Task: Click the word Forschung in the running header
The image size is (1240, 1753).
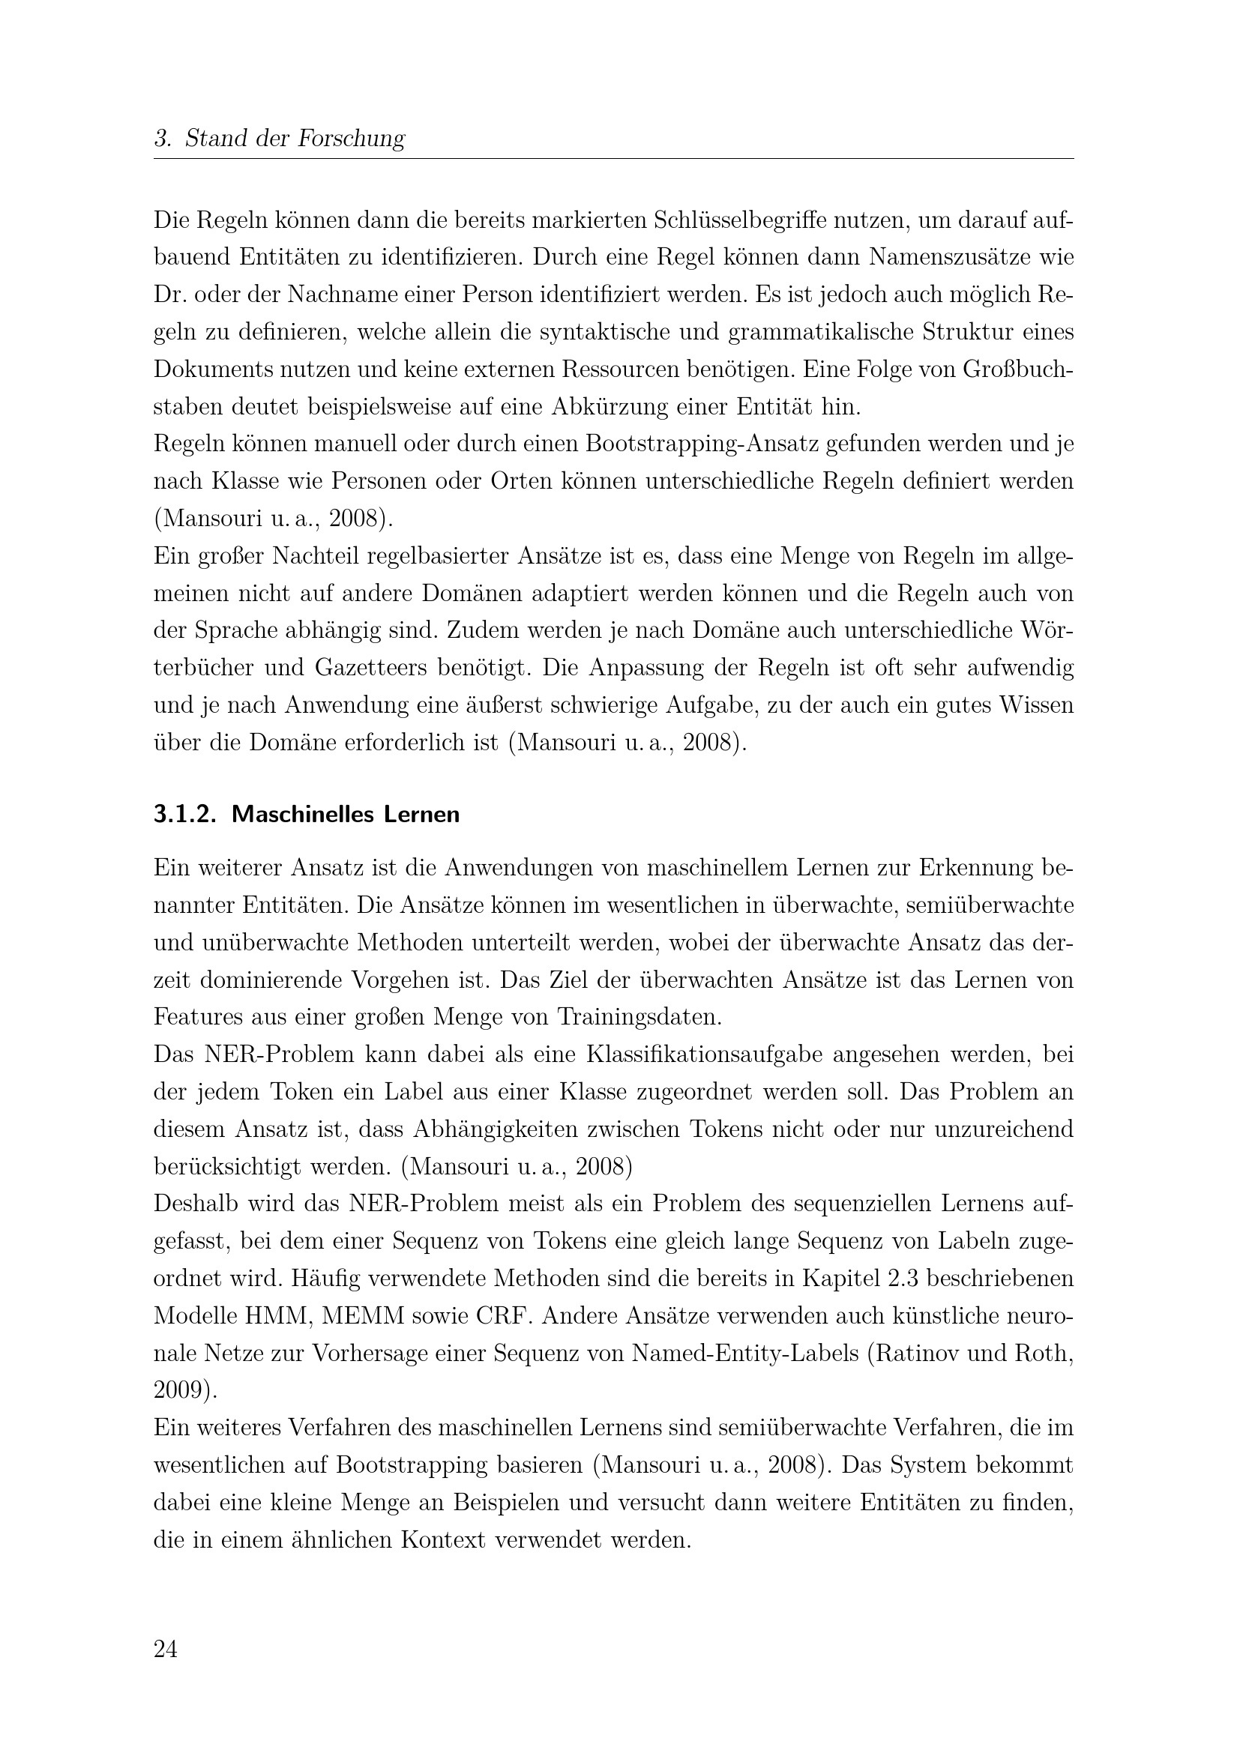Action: point(350,138)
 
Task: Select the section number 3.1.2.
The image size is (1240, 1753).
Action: point(185,815)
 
